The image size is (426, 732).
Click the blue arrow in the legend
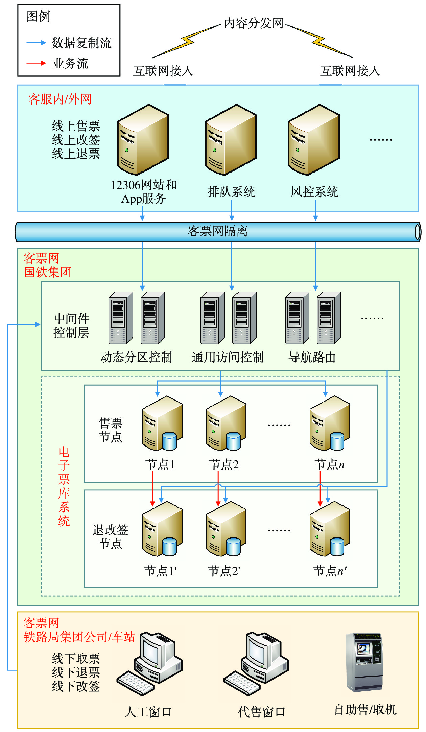click(36, 43)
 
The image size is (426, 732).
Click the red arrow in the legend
click(36, 63)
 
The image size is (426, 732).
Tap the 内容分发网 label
click(253, 23)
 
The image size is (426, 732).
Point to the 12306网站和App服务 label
click(143, 192)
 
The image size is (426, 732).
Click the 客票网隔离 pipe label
click(218, 231)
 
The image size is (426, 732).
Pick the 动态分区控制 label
click(136, 357)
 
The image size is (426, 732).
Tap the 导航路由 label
click(312, 357)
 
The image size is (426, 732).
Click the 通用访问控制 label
click(228, 357)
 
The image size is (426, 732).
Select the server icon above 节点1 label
click(162, 424)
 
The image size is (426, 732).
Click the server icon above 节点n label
click(330, 424)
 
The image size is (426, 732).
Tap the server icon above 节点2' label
click(226, 529)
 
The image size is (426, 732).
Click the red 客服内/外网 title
click(60, 99)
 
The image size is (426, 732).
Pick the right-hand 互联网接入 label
click(350, 71)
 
